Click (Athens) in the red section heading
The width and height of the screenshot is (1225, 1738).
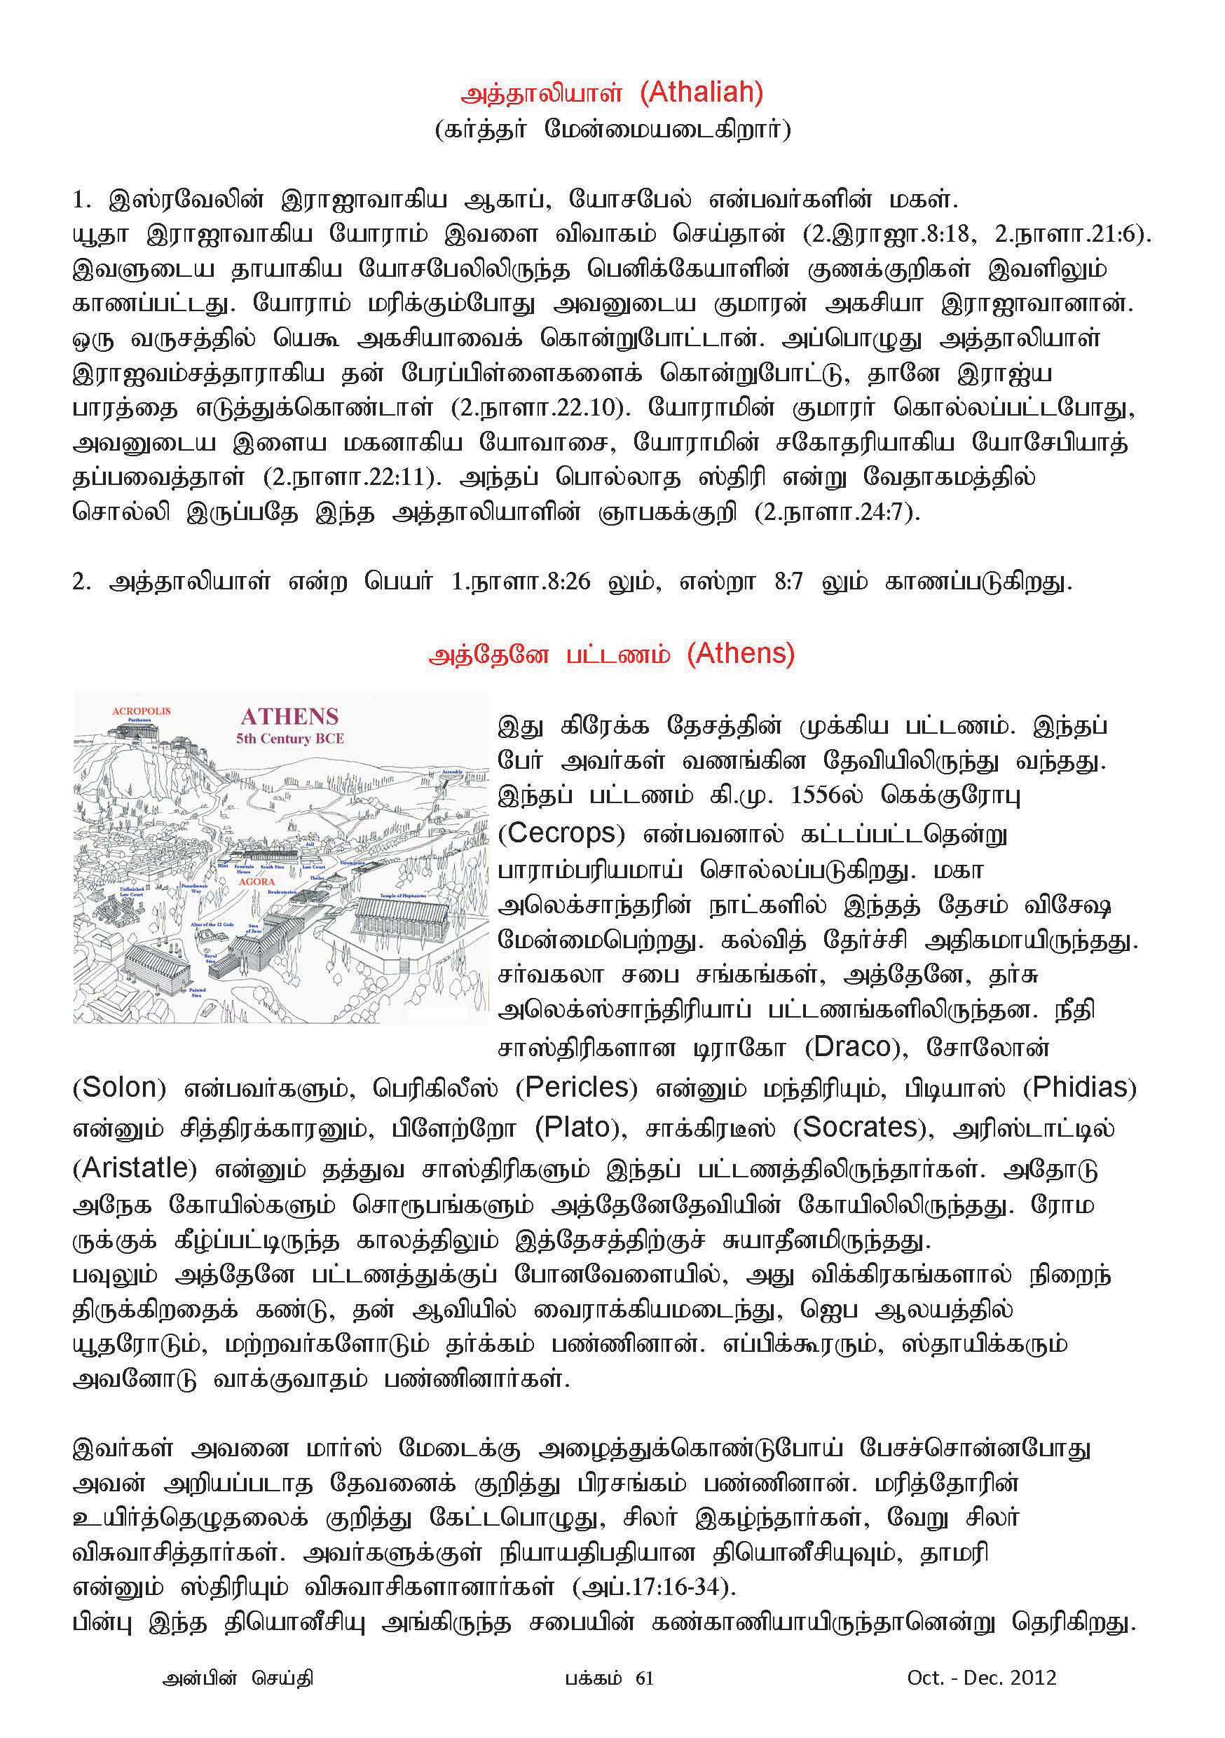[741, 652]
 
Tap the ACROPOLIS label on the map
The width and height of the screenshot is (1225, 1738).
[141, 711]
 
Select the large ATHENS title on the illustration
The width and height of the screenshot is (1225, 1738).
[289, 716]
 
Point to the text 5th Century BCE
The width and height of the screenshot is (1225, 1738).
[289, 738]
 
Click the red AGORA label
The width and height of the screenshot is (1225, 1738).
[256, 881]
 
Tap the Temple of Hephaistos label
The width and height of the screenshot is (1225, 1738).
[402, 895]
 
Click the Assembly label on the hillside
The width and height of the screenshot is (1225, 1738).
[452, 772]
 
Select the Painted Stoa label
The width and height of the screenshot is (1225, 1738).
[197, 992]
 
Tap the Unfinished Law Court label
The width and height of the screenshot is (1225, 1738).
[132, 891]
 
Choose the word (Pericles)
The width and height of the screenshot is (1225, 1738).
[576, 1088]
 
